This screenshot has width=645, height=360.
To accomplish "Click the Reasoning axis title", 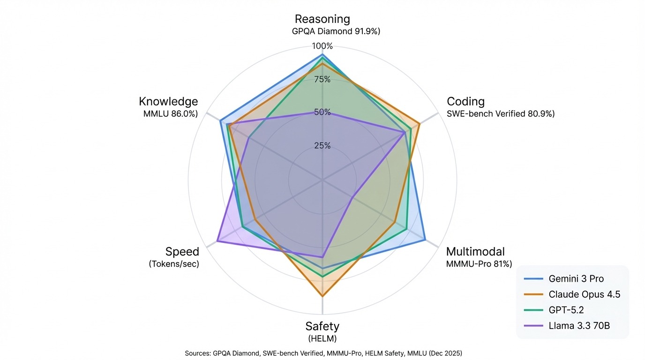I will tap(322, 19).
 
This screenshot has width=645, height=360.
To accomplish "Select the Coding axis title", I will tap(465, 102).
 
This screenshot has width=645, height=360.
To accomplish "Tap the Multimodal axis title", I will tap(475, 252).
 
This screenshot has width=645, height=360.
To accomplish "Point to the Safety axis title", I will tap(322, 326).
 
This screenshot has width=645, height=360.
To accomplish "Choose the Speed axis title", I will tap(182, 252).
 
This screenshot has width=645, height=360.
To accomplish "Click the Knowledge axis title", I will tap(168, 102).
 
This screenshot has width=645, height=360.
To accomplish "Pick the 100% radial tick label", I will tap(322, 46).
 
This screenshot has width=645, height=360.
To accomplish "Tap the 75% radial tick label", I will tap(322, 79).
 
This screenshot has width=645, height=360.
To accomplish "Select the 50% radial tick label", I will tap(322, 112).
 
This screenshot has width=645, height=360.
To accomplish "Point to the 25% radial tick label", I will tap(322, 146).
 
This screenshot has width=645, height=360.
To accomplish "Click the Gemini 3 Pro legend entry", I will tap(576, 279).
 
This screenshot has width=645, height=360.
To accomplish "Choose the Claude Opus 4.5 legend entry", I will tap(584, 294).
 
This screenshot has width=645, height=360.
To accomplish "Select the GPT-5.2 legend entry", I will tap(566, 310).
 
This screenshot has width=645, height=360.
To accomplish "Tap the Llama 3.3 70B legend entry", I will tap(579, 325).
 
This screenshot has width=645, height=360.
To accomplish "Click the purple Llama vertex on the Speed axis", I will tap(217, 241).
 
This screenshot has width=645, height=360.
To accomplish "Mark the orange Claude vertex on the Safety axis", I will tap(322, 296).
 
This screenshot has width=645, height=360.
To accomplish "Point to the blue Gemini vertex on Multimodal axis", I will tap(425, 240).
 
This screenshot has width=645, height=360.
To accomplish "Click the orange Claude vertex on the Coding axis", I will tap(419, 124).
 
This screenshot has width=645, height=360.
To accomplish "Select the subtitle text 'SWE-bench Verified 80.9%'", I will tap(500, 114).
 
